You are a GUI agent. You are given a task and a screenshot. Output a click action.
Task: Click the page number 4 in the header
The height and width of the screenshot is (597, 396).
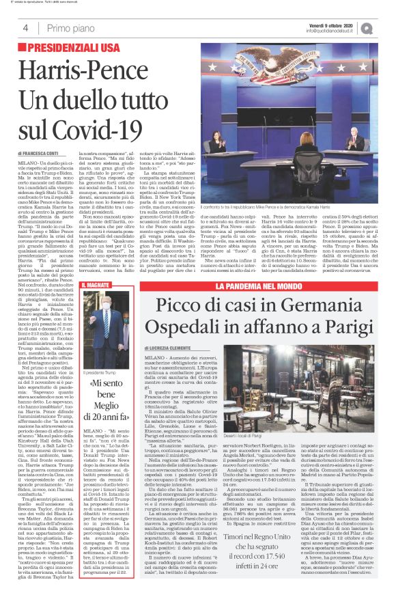pyautogui.click(x=25, y=28)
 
